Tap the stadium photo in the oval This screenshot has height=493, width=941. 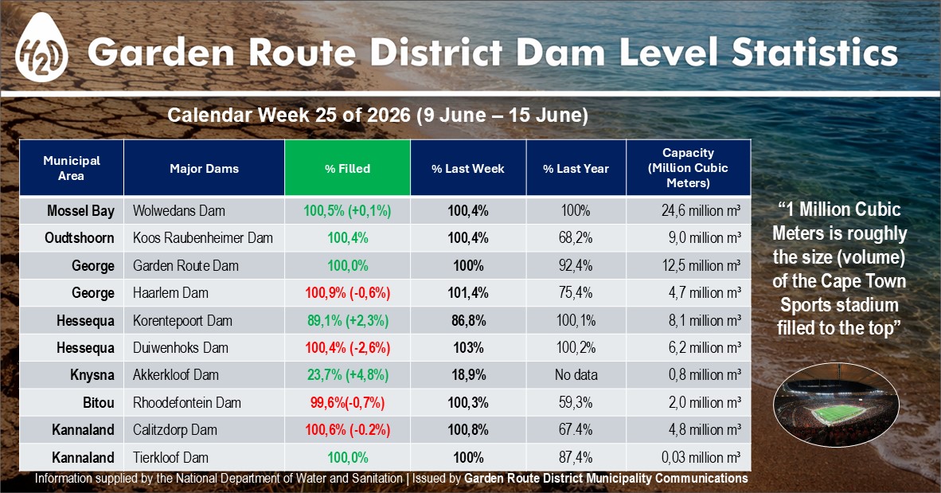coord(836,405)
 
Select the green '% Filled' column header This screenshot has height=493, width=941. coord(347,168)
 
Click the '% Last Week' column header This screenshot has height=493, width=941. coord(468,168)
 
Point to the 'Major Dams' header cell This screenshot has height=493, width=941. coord(204,168)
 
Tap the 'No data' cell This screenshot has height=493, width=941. coord(576,374)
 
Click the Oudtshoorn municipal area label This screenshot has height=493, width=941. coord(80,238)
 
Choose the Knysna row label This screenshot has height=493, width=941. coord(92,374)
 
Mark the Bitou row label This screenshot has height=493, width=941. coord(99,402)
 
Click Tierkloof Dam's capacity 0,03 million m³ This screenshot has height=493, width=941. coord(701,457)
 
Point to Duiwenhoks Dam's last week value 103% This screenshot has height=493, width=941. coord(468,348)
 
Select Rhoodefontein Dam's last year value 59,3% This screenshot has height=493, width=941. coord(576,402)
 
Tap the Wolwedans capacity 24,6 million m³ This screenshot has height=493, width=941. coord(701,211)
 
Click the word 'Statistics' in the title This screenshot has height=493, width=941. coord(815,52)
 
